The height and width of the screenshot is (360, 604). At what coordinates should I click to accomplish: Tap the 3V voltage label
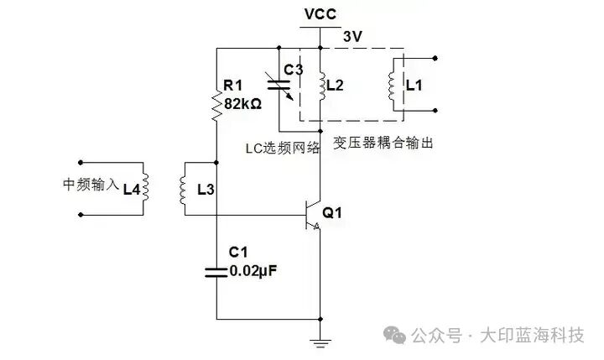click(x=353, y=36)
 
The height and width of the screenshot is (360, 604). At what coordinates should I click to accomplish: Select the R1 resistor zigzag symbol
click(x=216, y=105)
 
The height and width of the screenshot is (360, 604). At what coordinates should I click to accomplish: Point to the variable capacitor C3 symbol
click(x=289, y=86)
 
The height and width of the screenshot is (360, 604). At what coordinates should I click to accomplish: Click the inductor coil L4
click(x=144, y=188)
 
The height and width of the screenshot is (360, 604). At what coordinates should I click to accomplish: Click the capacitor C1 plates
click(x=216, y=270)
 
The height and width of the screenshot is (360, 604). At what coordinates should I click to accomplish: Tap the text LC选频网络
click(x=283, y=149)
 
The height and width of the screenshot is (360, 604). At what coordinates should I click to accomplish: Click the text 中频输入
click(x=91, y=185)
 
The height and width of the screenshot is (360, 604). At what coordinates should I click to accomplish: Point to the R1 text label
click(x=232, y=85)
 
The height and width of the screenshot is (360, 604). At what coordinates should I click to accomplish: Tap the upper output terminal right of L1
click(x=436, y=58)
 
